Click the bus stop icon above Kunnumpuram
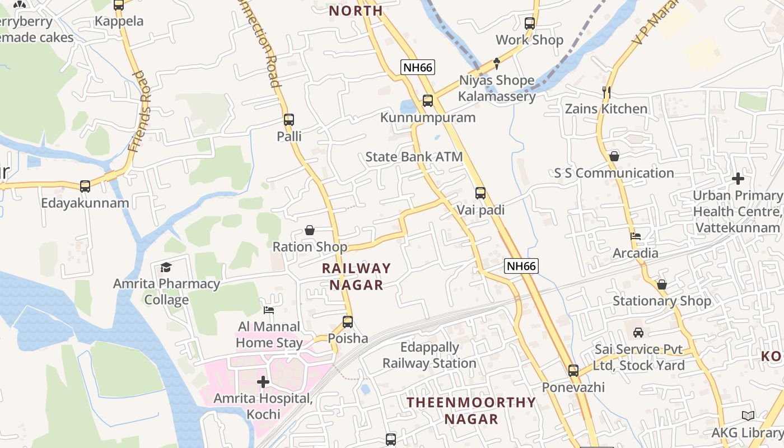click(x=428, y=101)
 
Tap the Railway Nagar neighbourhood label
click(x=356, y=277)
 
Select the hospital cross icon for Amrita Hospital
click(x=263, y=382)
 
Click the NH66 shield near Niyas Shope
click(x=418, y=68)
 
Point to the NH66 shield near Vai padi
click(x=521, y=266)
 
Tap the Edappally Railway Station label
click(x=430, y=356)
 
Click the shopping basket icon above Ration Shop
click(x=309, y=230)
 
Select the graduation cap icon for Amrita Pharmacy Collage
click(x=166, y=267)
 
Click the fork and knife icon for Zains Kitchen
click(x=606, y=92)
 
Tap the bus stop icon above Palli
click(x=289, y=120)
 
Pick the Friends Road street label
click(x=139, y=112)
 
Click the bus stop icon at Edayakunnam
click(x=85, y=186)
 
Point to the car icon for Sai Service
click(x=638, y=333)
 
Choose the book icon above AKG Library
click(x=748, y=416)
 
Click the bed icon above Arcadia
click(x=636, y=236)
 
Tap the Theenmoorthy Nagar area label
click(x=471, y=410)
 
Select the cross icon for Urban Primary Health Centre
click(x=738, y=179)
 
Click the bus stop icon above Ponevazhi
click(x=573, y=370)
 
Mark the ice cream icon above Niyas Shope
click(x=496, y=64)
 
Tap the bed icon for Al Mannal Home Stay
click(x=269, y=310)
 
